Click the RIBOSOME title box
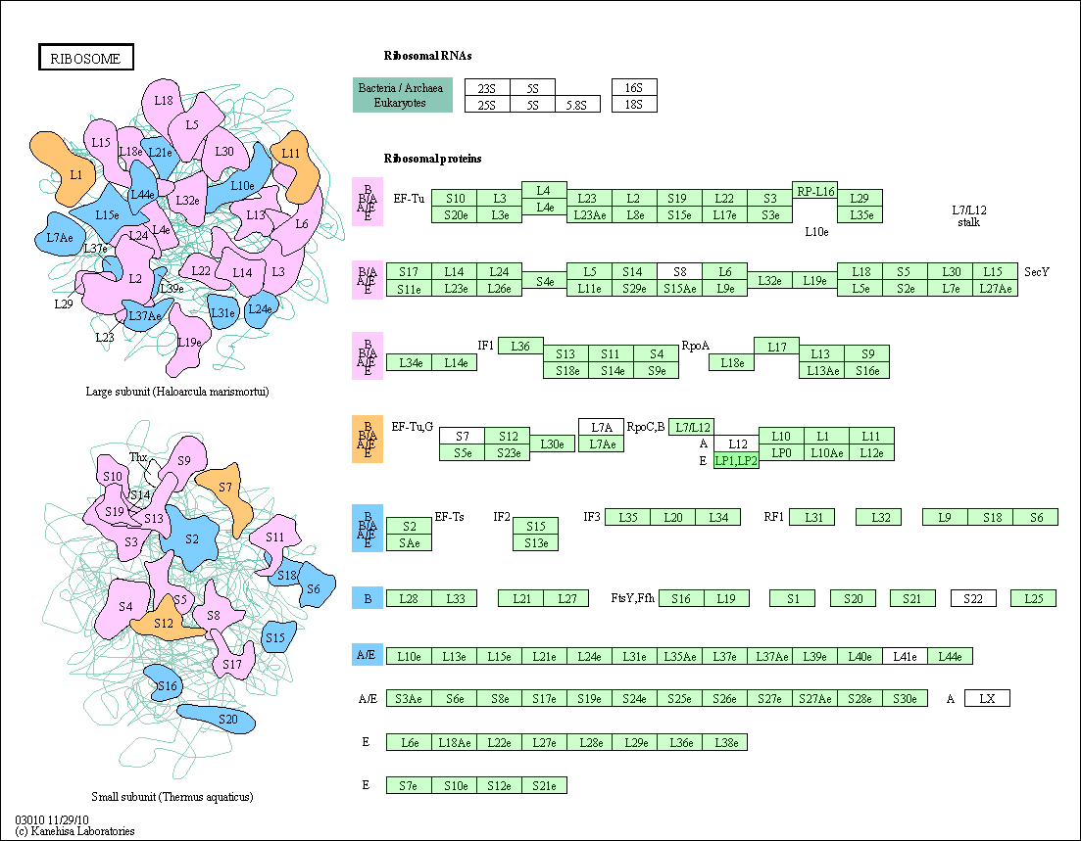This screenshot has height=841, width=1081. click(85, 58)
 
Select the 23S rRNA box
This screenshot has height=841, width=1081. click(487, 87)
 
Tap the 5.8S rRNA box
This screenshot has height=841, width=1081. click(577, 104)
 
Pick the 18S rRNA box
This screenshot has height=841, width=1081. click(634, 104)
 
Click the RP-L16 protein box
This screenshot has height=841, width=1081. click(814, 191)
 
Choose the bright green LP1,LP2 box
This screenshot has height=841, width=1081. click(736, 461)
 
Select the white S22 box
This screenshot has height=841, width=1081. click(973, 598)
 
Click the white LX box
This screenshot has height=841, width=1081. click(987, 698)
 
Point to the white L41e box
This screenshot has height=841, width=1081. click(906, 656)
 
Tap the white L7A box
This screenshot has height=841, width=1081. click(601, 427)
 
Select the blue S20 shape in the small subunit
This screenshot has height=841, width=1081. click(217, 719)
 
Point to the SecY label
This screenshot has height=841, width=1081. click(1037, 272)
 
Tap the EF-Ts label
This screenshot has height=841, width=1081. click(450, 517)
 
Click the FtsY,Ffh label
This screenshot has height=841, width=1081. click(633, 598)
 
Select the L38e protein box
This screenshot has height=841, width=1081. click(725, 742)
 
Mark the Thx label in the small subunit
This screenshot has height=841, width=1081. click(138, 456)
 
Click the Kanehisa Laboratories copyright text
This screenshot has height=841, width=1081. click(74, 830)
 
